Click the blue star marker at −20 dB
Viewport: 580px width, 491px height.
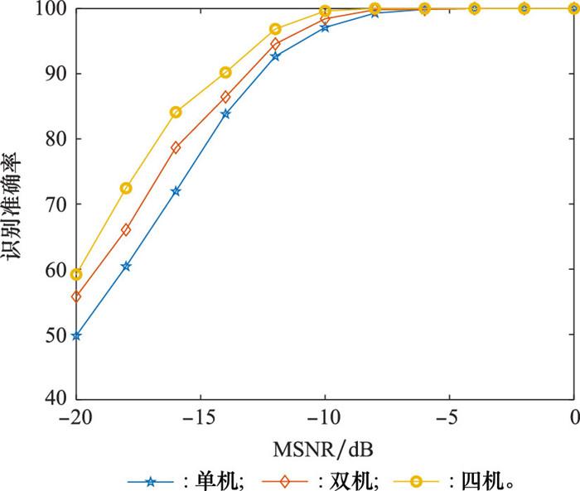click(76, 335)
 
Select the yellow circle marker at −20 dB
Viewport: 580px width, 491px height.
click(76, 274)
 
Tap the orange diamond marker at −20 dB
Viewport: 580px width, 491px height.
click(76, 296)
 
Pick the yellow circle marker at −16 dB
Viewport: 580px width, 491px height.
click(176, 112)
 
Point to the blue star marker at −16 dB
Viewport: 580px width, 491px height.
click(176, 191)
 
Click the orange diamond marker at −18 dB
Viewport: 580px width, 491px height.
click(126, 229)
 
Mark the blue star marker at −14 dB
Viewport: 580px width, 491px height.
click(225, 113)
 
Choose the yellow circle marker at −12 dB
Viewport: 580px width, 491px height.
click(275, 29)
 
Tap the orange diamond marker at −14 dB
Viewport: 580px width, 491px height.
click(225, 97)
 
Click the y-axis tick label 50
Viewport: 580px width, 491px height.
click(56, 335)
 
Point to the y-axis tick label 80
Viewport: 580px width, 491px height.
click(56, 139)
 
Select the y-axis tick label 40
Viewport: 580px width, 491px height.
click(56, 400)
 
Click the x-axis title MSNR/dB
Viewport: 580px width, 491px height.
click(324, 451)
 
